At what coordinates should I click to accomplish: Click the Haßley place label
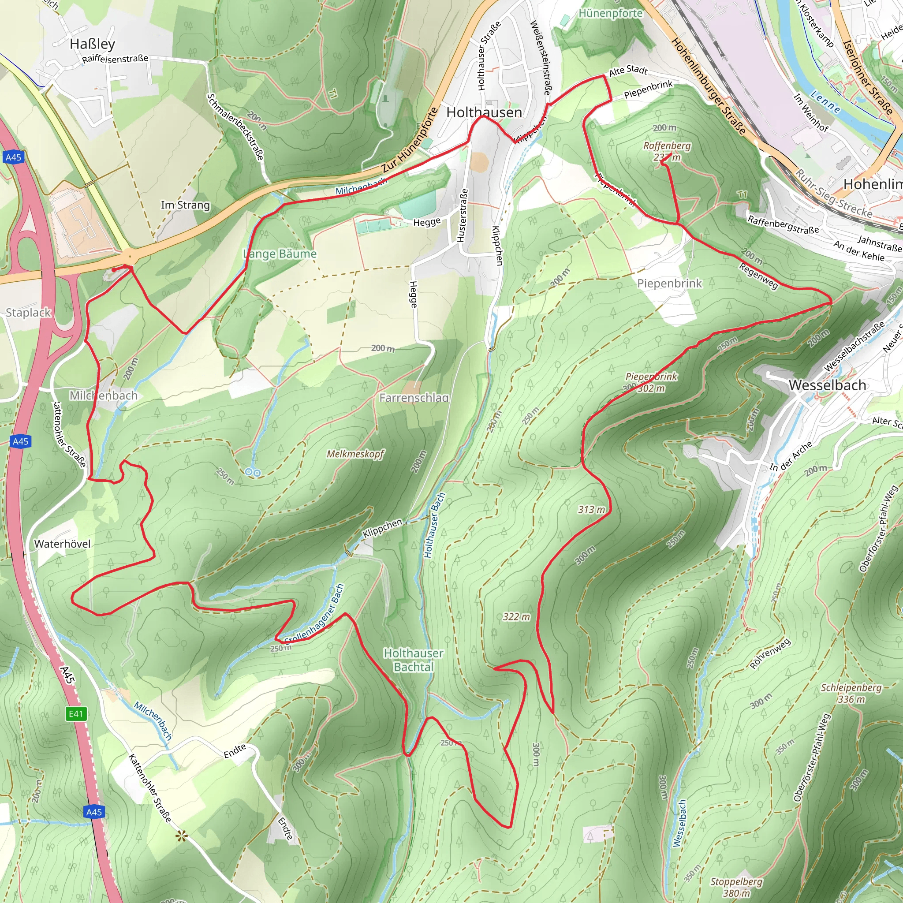(x=92, y=44)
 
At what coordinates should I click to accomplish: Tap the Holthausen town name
(x=484, y=112)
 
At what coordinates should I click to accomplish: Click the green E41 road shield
(x=76, y=714)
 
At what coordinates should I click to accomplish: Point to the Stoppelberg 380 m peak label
(x=736, y=887)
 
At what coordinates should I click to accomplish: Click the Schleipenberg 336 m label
(x=851, y=694)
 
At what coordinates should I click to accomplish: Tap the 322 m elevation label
(x=516, y=616)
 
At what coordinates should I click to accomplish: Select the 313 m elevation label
(x=591, y=509)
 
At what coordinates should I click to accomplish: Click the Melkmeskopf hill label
(x=355, y=454)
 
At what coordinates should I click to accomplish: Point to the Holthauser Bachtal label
(x=413, y=660)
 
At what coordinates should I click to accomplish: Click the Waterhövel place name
(x=62, y=544)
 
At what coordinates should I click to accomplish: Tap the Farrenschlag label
(x=414, y=398)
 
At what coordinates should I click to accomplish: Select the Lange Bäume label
(x=280, y=254)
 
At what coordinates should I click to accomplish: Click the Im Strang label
(x=185, y=205)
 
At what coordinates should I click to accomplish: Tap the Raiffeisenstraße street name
(x=115, y=59)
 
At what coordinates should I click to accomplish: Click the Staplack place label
(x=28, y=312)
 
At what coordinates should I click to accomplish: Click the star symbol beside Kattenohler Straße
(x=181, y=836)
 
